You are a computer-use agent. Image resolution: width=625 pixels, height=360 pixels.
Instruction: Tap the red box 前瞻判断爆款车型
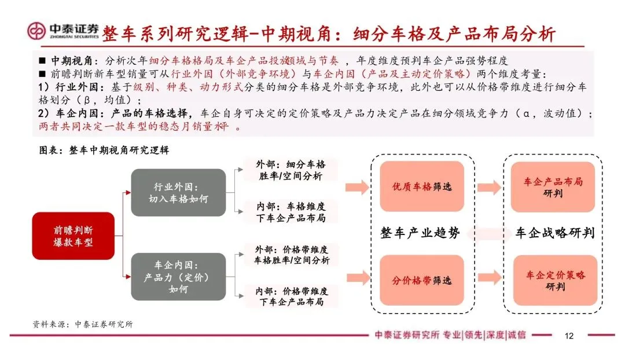73,236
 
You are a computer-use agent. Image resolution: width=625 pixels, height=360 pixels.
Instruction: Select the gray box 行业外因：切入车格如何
178,193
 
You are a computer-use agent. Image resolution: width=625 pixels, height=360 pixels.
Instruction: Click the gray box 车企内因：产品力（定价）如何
178,277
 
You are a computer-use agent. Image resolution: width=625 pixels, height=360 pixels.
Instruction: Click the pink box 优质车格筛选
421,186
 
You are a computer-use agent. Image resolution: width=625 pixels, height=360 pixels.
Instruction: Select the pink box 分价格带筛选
421,280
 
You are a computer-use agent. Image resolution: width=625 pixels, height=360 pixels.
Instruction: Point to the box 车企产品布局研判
554,187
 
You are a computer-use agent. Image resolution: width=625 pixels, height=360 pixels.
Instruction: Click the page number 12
569,336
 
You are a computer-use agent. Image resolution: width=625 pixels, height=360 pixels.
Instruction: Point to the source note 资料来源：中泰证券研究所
83,324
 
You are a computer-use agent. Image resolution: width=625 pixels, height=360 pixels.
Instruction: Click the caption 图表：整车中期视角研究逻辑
104,150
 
